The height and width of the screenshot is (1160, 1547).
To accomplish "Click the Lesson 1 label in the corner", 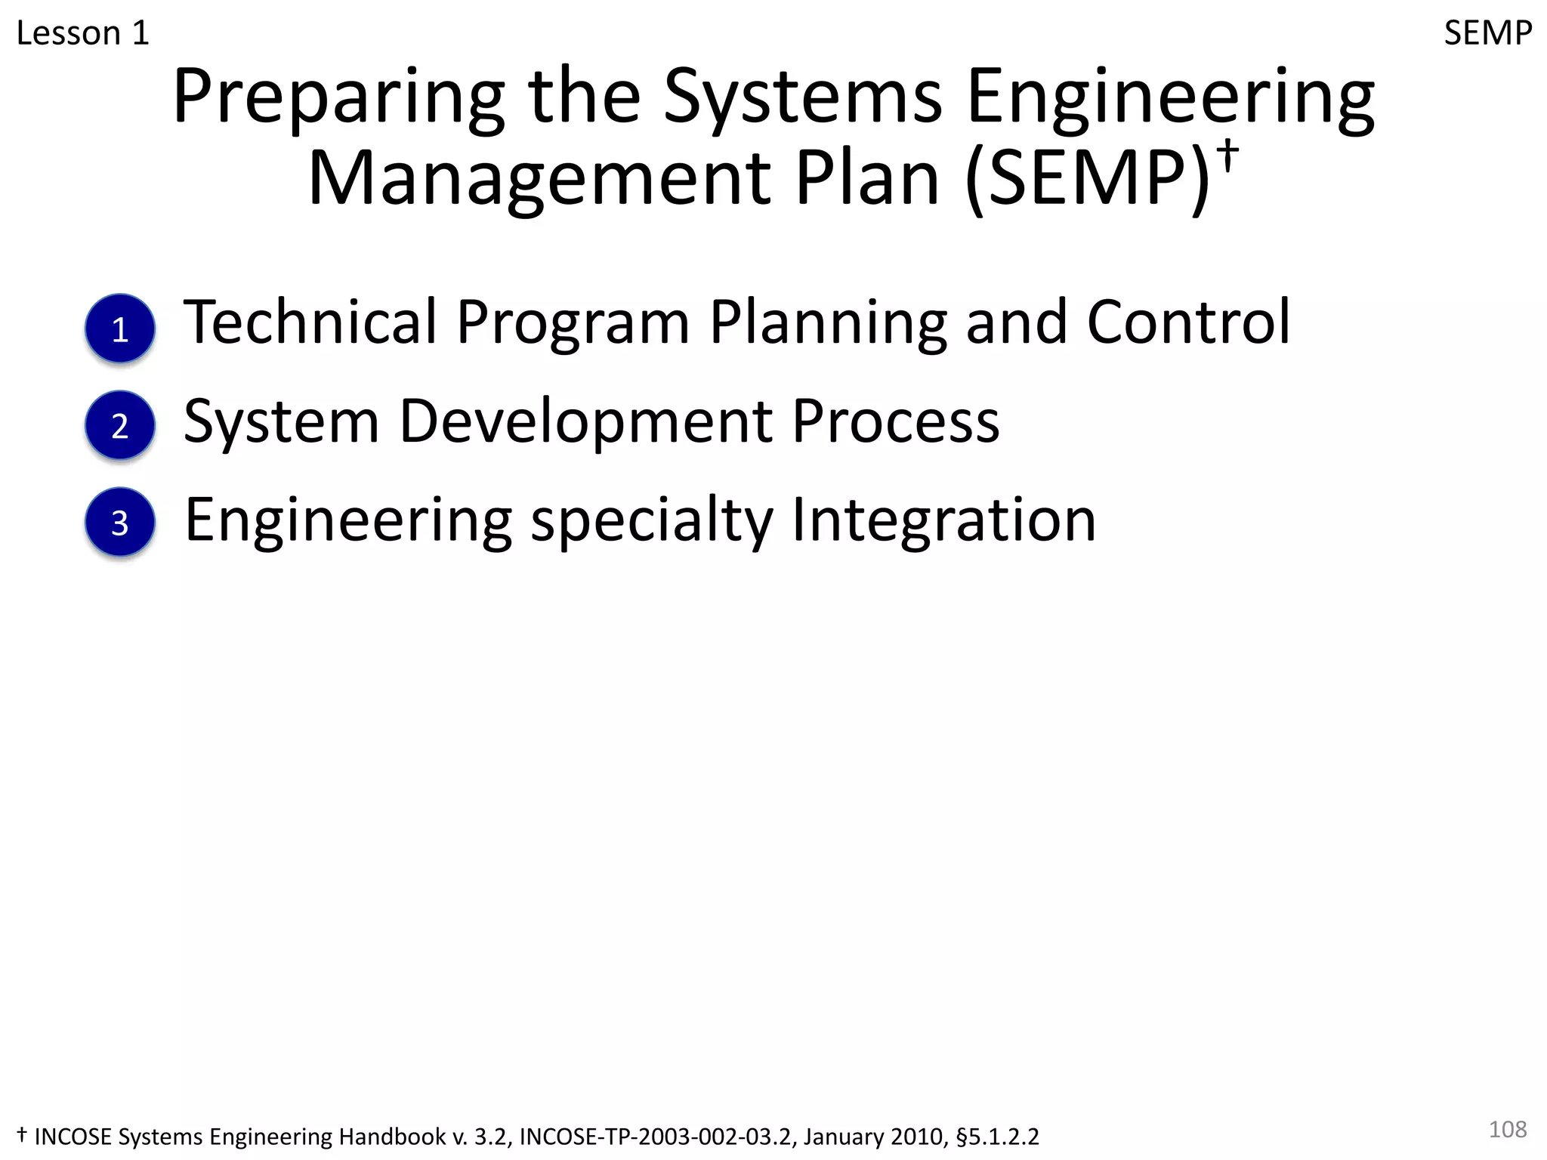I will click(x=82, y=33).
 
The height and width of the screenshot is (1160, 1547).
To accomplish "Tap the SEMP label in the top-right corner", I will click(x=1487, y=33).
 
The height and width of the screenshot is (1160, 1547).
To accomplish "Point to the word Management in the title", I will click(x=539, y=179).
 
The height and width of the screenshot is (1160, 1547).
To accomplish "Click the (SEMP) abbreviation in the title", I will click(x=1088, y=179).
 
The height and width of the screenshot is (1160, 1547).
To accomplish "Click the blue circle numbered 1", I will click(x=120, y=329).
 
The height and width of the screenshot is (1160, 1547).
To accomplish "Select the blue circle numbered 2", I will click(x=120, y=425).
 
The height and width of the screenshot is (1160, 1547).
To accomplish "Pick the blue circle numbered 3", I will click(x=120, y=522).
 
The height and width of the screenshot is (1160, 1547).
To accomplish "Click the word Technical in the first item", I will click(x=310, y=322).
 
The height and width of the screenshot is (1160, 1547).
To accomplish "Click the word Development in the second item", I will click(x=585, y=422).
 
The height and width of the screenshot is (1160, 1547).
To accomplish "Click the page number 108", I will click(x=1507, y=1129).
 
